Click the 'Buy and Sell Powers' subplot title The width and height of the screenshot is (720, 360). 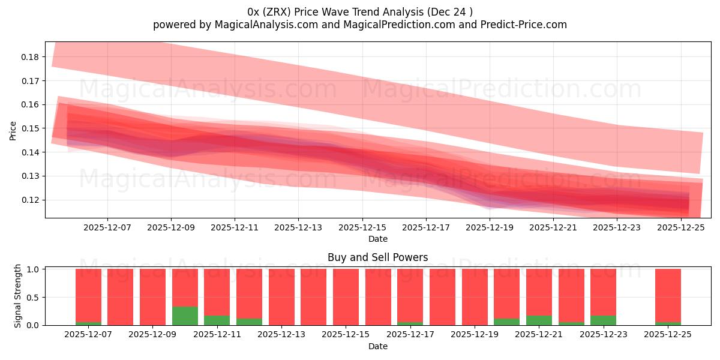point(377,257)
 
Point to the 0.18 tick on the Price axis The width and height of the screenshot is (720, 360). point(30,57)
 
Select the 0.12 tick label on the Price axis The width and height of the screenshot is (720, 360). point(30,200)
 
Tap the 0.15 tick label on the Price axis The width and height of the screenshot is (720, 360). point(30,128)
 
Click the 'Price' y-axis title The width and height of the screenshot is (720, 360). point(13,130)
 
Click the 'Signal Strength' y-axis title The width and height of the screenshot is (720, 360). point(18,296)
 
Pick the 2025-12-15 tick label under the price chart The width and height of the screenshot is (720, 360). point(362,227)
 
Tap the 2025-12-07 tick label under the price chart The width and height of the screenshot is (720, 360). point(107,227)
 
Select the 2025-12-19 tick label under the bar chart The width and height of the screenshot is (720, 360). point(474,334)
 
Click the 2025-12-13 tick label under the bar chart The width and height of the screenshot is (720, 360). point(281,334)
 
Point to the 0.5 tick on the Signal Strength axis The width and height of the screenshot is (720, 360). point(34,297)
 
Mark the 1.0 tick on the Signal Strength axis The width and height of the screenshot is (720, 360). point(34,269)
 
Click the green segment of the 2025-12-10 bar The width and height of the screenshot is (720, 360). point(185,316)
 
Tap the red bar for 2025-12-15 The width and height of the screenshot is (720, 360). point(346,297)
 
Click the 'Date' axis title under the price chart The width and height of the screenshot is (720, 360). point(377,239)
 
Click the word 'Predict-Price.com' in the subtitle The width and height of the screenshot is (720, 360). point(526,25)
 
